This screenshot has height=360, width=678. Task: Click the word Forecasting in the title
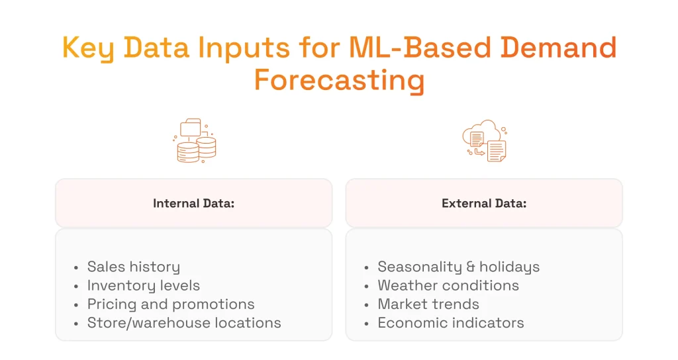click(339, 81)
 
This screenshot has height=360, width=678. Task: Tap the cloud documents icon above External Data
click(484, 141)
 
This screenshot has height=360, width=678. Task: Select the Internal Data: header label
click(193, 203)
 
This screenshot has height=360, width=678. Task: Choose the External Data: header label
click(484, 203)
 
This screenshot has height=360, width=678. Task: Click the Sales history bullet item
click(133, 267)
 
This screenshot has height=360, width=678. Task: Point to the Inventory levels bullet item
click(143, 285)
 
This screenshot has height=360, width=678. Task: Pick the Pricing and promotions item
click(171, 304)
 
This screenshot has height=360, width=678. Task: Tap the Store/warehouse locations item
click(184, 323)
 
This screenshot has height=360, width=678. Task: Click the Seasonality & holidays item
click(458, 267)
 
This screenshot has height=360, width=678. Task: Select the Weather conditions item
click(448, 285)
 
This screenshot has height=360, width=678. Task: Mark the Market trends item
click(428, 304)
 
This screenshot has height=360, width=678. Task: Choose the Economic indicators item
click(451, 323)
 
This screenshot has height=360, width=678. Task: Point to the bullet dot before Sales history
click(77, 267)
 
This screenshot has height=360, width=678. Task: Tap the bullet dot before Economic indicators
click(367, 324)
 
